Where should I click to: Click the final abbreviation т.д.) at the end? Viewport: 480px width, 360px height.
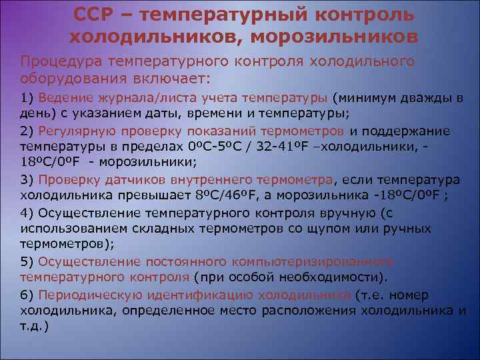(35, 327)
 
